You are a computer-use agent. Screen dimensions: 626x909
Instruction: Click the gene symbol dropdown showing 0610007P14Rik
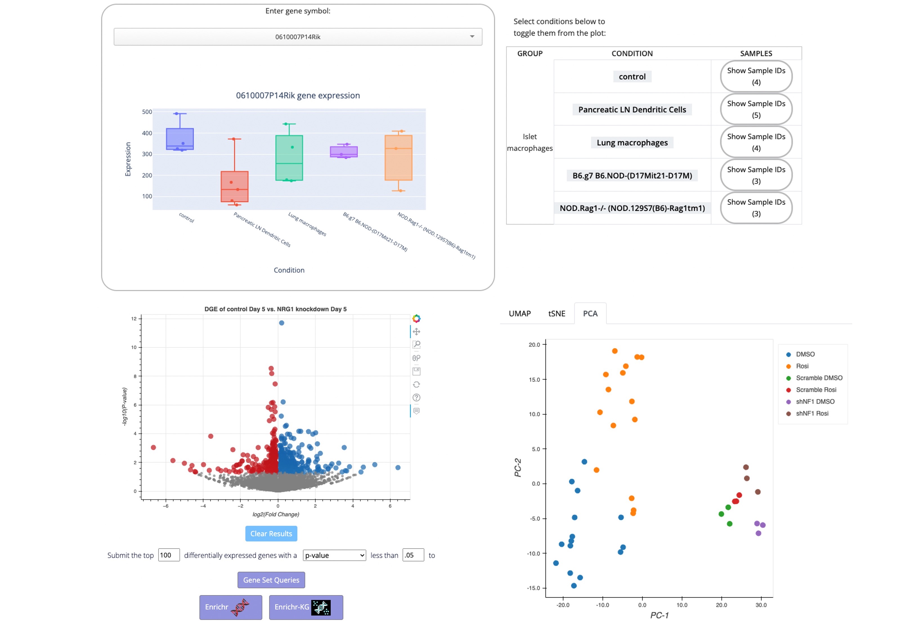(297, 37)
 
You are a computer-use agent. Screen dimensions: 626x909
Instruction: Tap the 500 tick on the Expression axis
(147, 112)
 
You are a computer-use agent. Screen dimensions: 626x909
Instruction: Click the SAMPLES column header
(756, 53)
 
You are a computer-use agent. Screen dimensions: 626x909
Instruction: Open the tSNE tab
(556, 313)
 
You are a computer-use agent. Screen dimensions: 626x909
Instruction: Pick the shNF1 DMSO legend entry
(814, 401)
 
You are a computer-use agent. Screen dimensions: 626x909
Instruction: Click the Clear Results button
(271, 533)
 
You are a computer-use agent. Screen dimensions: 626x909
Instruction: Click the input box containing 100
(169, 555)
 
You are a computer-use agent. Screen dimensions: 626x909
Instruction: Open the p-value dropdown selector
(334, 555)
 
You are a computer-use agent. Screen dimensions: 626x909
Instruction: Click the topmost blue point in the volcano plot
(281, 323)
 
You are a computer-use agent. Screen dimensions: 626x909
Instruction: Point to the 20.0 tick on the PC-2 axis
(534, 344)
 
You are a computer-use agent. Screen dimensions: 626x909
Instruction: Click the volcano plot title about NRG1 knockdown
(275, 309)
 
